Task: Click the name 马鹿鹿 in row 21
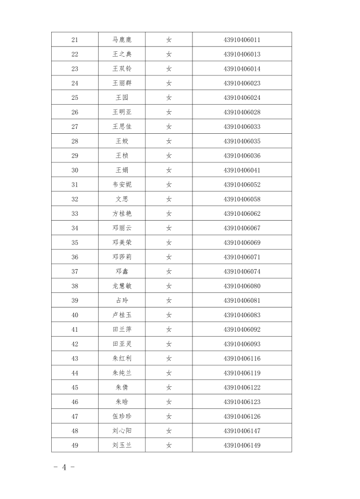point(122,39)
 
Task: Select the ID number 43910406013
point(242,54)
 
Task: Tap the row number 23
point(74,69)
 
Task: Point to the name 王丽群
point(122,83)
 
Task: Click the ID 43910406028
point(242,112)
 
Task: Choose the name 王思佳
point(122,127)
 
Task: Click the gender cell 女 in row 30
point(169,170)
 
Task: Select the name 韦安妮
point(122,184)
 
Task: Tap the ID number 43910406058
point(242,199)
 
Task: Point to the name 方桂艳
point(122,214)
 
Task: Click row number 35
point(74,243)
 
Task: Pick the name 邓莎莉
point(122,257)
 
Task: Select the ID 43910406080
point(242,286)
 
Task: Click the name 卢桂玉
point(122,315)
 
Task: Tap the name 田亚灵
point(122,344)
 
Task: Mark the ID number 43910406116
point(242,359)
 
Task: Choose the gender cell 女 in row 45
point(169,387)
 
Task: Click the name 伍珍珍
point(122,416)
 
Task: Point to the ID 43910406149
point(242,446)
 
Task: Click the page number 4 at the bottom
point(64,467)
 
